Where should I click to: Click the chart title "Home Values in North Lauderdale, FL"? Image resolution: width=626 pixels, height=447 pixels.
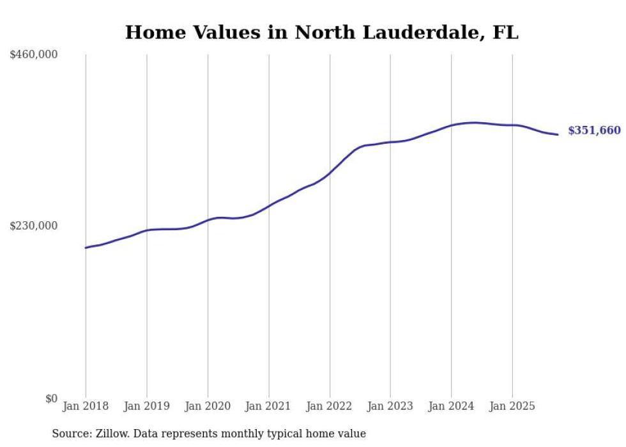(321, 32)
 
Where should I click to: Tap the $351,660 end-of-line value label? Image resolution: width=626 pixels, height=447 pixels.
(594, 130)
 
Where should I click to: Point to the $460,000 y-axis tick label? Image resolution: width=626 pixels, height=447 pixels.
(34, 55)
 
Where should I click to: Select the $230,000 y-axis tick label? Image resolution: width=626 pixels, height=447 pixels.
(34, 226)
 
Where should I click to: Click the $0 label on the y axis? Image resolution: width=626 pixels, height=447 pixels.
(51, 398)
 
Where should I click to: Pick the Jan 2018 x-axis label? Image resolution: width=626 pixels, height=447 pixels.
(86, 406)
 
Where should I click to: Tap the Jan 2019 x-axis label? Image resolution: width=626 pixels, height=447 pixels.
(147, 406)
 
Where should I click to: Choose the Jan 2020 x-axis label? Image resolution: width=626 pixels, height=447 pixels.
(208, 406)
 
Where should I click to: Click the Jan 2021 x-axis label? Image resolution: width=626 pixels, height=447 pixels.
(268, 406)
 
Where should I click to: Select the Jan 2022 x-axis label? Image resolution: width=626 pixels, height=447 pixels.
(330, 406)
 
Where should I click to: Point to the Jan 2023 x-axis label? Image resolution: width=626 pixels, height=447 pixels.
(390, 406)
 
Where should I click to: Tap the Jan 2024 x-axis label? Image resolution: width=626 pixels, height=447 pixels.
(451, 406)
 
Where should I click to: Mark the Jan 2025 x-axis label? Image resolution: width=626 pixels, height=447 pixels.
(512, 406)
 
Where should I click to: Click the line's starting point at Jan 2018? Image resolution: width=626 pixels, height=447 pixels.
(86, 247)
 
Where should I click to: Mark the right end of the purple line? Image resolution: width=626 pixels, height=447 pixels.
(558, 134)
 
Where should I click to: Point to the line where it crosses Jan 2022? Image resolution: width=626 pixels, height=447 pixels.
(330, 173)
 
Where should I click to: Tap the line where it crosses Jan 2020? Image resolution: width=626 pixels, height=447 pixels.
(208, 220)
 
